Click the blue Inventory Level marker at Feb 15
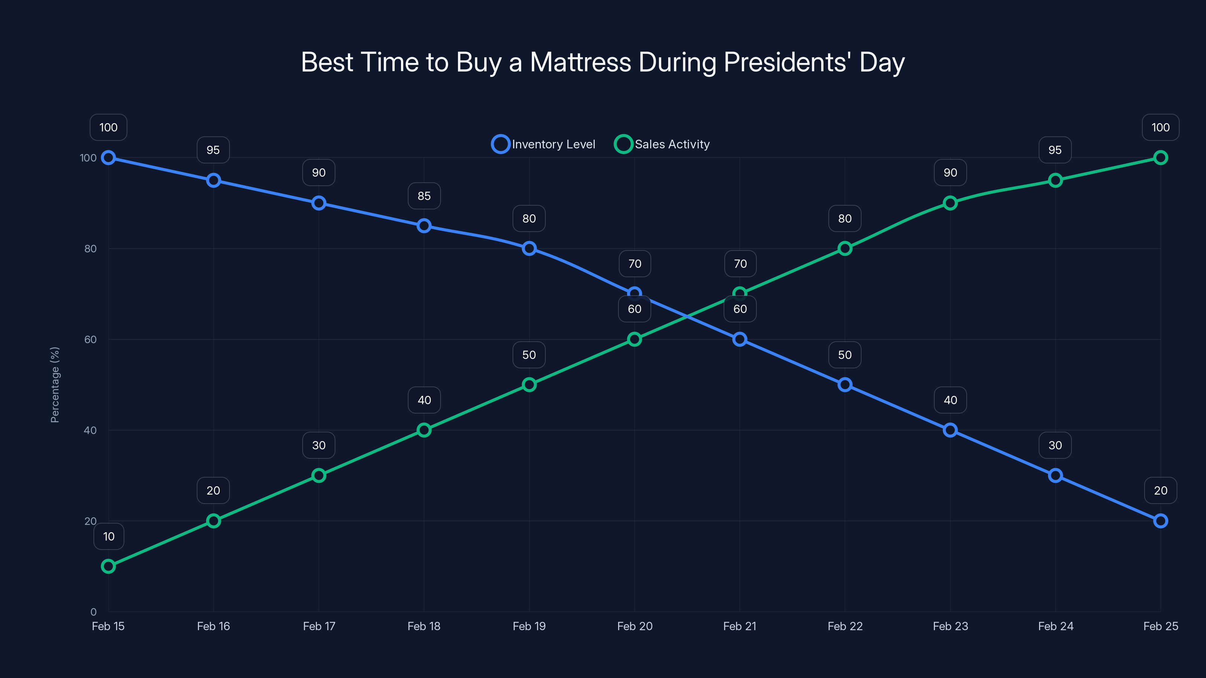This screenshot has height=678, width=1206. pyautogui.click(x=108, y=158)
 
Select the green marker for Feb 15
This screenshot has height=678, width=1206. pyautogui.click(x=108, y=566)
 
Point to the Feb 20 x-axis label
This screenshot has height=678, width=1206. pyautogui.click(x=634, y=626)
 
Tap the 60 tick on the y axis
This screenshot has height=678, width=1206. pyautogui.click(x=90, y=339)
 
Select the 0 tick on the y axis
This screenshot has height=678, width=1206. pyautogui.click(x=93, y=612)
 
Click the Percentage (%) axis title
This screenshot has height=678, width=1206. pyautogui.click(x=55, y=385)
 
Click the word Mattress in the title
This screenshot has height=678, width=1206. pyautogui.click(x=580, y=62)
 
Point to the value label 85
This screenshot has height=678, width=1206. pyautogui.click(x=424, y=195)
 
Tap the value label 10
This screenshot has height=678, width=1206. pyautogui.click(x=109, y=536)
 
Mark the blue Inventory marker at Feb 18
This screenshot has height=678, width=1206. pyautogui.click(x=424, y=226)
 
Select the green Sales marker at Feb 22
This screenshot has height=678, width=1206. pyautogui.click(x=845, y=249)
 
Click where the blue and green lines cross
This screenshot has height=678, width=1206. pyautogui.click(x=687, y=317)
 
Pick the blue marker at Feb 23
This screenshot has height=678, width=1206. pyautogui.click(x=950, y=430)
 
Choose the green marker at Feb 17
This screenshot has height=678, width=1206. pyautogui.click(x=319, y=475)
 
